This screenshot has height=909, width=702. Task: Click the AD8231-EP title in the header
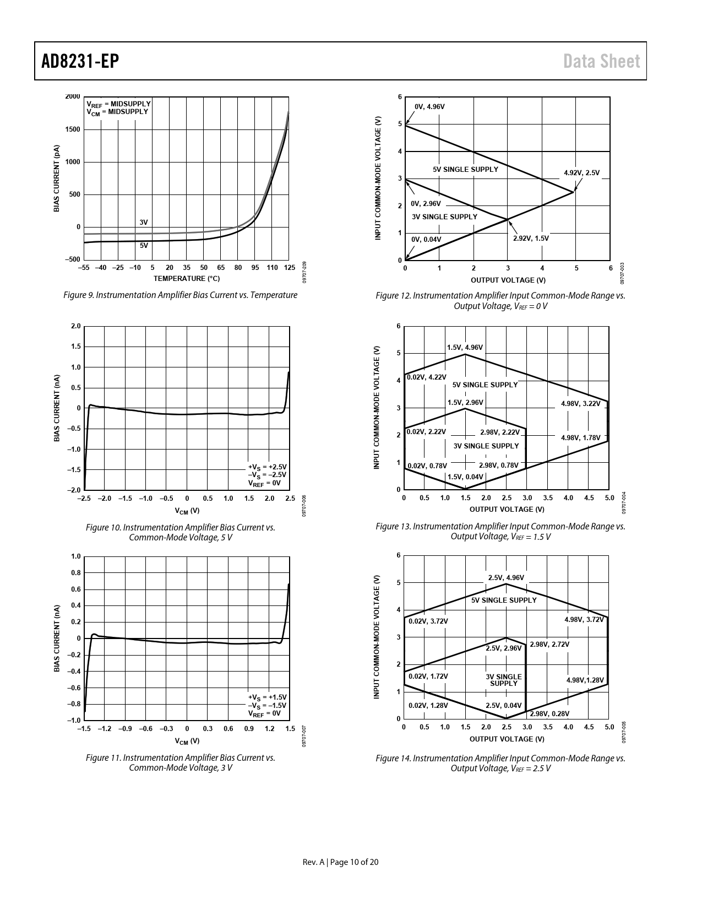coord(80,61)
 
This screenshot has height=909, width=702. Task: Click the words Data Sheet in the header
coord(602,61)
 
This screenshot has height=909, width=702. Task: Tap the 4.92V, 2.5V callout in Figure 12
coord(581,173)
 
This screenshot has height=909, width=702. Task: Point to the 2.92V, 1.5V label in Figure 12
coord(531,238)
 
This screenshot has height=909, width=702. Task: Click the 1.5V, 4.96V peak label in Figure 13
coord(465,347)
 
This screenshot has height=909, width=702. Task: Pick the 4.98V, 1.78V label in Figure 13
coord(580,437)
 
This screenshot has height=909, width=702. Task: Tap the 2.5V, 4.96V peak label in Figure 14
coord(506,577)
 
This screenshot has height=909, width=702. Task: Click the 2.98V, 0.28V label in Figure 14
coord(549,713)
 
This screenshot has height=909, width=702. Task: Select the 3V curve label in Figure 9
coord(144,222)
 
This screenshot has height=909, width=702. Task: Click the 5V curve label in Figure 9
coord(144,246)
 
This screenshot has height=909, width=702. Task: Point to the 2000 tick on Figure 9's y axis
coord(73,97)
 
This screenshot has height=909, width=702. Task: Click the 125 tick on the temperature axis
coord(289,268)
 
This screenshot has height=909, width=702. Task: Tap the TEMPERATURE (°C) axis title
coord(187,279)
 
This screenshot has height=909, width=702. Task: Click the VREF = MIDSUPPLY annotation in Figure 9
coord(118,104)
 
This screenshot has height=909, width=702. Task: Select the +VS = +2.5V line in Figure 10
coord(267,467)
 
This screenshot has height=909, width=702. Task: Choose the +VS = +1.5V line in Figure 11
coord(267,697)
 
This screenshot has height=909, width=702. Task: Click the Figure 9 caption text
coord(181,295)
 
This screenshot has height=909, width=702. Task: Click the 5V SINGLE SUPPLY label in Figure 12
coord(465,169)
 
